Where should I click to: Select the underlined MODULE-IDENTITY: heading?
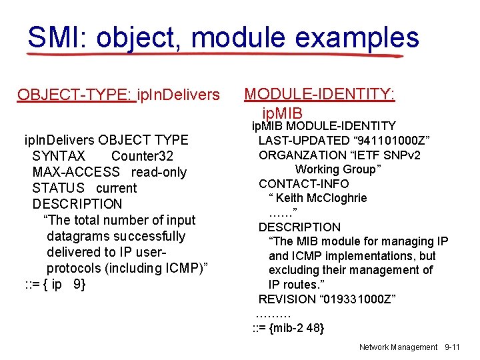click(x=320, y=94)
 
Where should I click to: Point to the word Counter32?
click(x=142, y=156)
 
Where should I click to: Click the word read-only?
click(x=159, y=172)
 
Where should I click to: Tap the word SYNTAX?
click(x=59, y=156)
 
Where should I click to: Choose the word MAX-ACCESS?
click(x=76, y=172)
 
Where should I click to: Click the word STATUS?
click(x=59, y=188)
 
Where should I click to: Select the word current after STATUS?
click(x=116, y=188)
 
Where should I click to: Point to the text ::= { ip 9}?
click(x=55, y=284)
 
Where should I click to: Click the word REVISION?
click(x=287, y=299)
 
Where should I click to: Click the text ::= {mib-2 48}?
click(x=288, y=327)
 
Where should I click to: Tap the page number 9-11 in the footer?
click(x=452, y=347)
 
